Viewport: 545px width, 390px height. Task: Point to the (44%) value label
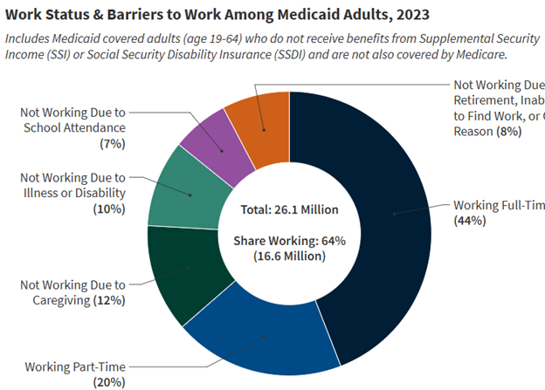470,221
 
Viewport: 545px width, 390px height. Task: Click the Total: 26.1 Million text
289,210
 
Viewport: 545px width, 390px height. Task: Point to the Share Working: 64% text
289,240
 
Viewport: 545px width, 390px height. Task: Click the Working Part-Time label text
74,366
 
